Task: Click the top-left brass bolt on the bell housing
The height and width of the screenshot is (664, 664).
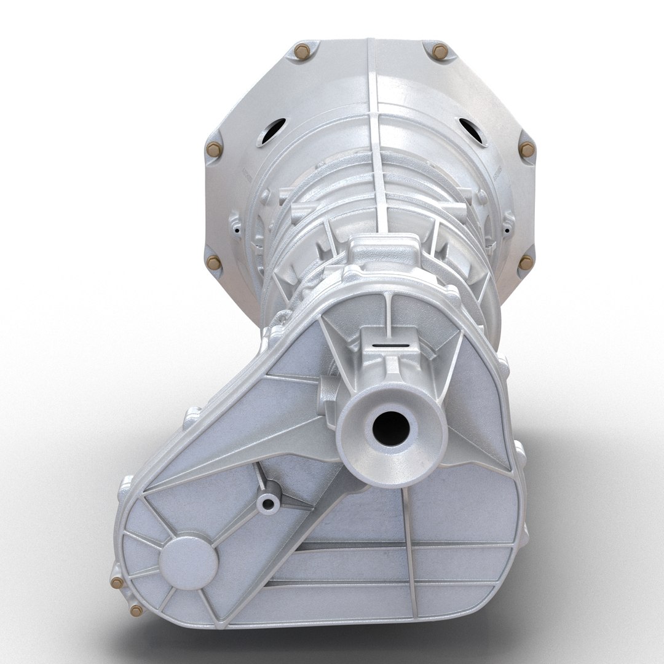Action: click(x=302, y=52)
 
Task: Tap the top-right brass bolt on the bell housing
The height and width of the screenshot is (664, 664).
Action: click(x=440, y=52)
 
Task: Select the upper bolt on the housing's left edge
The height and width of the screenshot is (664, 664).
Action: click(x=213, y=149)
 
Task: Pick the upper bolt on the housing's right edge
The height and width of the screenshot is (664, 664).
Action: click(x=527, y=149)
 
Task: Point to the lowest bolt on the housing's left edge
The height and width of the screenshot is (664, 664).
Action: click(x=213, y=263)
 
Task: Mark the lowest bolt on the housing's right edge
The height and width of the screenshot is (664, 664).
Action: click(x=526, y=263)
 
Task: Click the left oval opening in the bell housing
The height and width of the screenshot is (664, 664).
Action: click(x=271, y=131)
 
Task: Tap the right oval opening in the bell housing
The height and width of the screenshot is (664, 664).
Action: click(x=473, y=131)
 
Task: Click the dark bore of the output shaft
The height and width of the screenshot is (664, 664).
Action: click(x=390, y=429)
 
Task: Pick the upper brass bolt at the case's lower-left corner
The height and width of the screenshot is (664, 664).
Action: click(x=116, y=583)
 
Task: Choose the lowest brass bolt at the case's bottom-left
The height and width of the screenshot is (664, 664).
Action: click(x=136, y=611)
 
